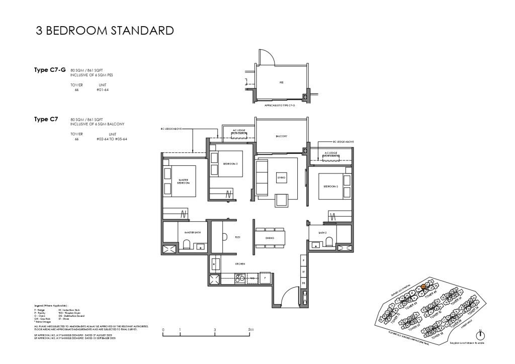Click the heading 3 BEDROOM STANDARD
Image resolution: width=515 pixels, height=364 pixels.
pyautogui.click(x=105, y=31)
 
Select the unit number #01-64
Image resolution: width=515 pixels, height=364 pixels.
pyautogui.click(x=103, y=90)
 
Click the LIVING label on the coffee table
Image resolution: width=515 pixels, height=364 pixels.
pyautogui.click(x=282, y=177)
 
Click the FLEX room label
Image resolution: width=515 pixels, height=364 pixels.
pyautogui.click(x=237, y=237)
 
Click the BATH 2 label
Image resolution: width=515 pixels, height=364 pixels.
pyautogui.click(x=323, y=233)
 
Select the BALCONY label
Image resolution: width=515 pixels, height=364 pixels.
pyautogui.click(x=281, y=136)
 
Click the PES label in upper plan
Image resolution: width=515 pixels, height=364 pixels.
pyautogui.click(x=281, y=82)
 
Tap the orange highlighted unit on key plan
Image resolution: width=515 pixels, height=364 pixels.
pyautogui.click(x=423, y=287)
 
